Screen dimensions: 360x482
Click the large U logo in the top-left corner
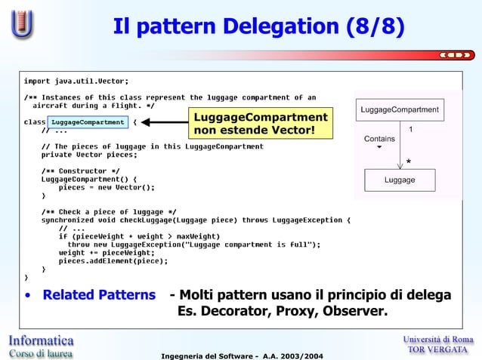[x=22, y=24]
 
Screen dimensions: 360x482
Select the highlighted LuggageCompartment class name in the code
[x=87, y=122]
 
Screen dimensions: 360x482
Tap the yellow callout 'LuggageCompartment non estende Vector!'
[x=261, y=125]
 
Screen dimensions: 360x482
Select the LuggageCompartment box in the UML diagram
[x=399, y=110]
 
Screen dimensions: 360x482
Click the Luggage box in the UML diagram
[x=399, y=180]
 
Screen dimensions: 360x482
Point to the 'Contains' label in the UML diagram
[x=379, y=139]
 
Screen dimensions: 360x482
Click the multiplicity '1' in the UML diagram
[x=410, y=130]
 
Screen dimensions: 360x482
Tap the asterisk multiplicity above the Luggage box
[x=409, y=162]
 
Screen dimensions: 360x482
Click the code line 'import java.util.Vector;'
[x=76, y=81]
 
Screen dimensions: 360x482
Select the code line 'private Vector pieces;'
[x=89, y=155]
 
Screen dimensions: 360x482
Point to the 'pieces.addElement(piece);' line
[x=113, y=261]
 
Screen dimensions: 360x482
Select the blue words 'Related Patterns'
[x=99, y=295]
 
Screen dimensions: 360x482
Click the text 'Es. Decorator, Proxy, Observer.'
[x=282, y=312]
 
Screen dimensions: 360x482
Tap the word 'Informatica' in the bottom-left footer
[x=42, y=340]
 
